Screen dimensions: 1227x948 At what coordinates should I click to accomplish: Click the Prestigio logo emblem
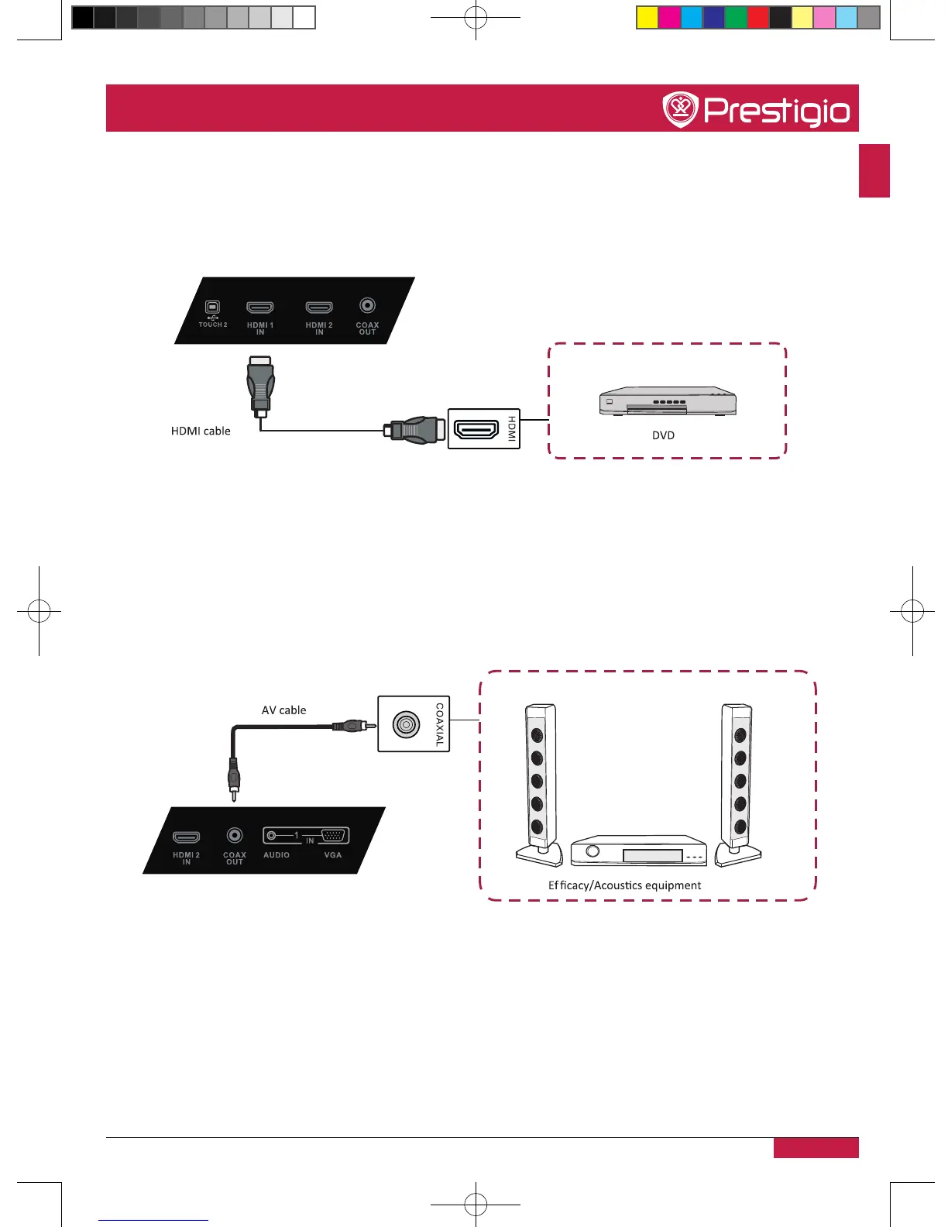click(680, 109)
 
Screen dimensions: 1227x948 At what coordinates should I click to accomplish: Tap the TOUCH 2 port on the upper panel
click(213, 308)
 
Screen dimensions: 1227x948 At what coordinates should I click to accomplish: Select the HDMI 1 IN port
click(260, 308)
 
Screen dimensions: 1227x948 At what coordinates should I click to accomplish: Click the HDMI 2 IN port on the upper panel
click(319, 308)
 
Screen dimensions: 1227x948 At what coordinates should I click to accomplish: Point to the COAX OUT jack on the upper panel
click(367, 307)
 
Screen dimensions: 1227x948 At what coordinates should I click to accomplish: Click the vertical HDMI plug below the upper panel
click(261, 383)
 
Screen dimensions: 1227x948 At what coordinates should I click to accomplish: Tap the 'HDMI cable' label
click(201, 431)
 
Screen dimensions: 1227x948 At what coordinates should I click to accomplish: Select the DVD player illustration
click(667, 400)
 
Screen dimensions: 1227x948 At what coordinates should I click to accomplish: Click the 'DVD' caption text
click(663, 435)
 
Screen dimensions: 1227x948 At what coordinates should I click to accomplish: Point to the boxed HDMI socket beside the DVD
click(476, 429)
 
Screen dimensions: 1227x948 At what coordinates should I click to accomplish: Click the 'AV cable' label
click(283, 710)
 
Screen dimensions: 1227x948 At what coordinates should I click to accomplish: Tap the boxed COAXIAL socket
click(407, 724)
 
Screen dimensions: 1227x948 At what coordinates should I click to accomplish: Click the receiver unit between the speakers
click(638, 851)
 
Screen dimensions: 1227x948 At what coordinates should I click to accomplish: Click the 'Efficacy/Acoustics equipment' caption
click(624, 885)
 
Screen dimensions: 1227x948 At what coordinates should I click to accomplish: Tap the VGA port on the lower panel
click(335, 836)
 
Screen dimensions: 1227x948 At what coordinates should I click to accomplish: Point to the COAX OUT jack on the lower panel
click(235, 835)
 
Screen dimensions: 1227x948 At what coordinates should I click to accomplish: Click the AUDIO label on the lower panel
click(276, 855)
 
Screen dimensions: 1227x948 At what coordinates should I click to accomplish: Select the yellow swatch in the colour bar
click(647, 17)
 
